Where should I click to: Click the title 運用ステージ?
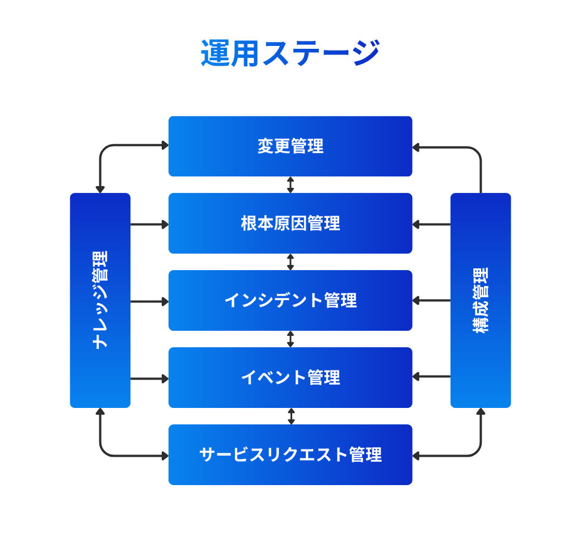tap(290, 53)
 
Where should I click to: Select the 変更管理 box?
tap(290, 146)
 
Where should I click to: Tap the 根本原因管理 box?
tap(290, 224)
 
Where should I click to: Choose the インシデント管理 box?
tap(290, 301)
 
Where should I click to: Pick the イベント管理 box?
tap(290, 378)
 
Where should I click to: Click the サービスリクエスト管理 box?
tap(290, 455)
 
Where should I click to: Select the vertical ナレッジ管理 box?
tap(100, 301)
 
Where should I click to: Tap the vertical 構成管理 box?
tap(481, 301)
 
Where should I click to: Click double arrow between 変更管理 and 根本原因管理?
tap(290, 185)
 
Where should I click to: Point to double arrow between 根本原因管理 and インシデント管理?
tap(290, 262)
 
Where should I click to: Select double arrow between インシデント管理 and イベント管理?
tap(290, 339)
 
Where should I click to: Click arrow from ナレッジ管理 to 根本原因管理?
tap(149, 224)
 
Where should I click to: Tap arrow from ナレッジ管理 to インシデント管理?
tap(149, 301)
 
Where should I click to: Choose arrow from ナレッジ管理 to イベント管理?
tap(149, 378)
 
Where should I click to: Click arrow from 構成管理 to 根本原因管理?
tap(431, 224)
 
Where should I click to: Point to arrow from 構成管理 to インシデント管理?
tap(431, 300)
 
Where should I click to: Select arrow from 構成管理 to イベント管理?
tap(431, 376)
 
